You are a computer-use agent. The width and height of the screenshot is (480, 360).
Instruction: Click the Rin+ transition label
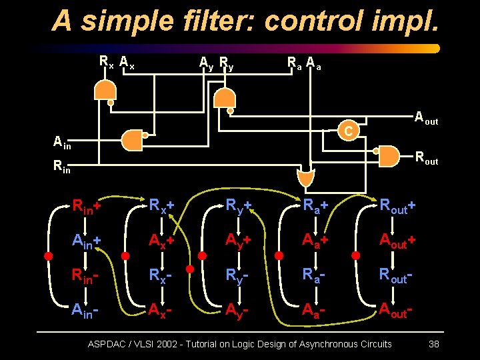(87, 207)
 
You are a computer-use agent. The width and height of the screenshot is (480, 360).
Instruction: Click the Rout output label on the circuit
(426, 159)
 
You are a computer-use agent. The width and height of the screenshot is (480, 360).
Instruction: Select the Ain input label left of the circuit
(62, 141)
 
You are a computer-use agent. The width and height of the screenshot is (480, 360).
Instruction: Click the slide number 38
(434, 344)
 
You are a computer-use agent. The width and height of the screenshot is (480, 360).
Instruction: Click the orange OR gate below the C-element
(305, 178)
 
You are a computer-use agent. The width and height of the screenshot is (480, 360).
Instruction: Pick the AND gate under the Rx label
(104, 90)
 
